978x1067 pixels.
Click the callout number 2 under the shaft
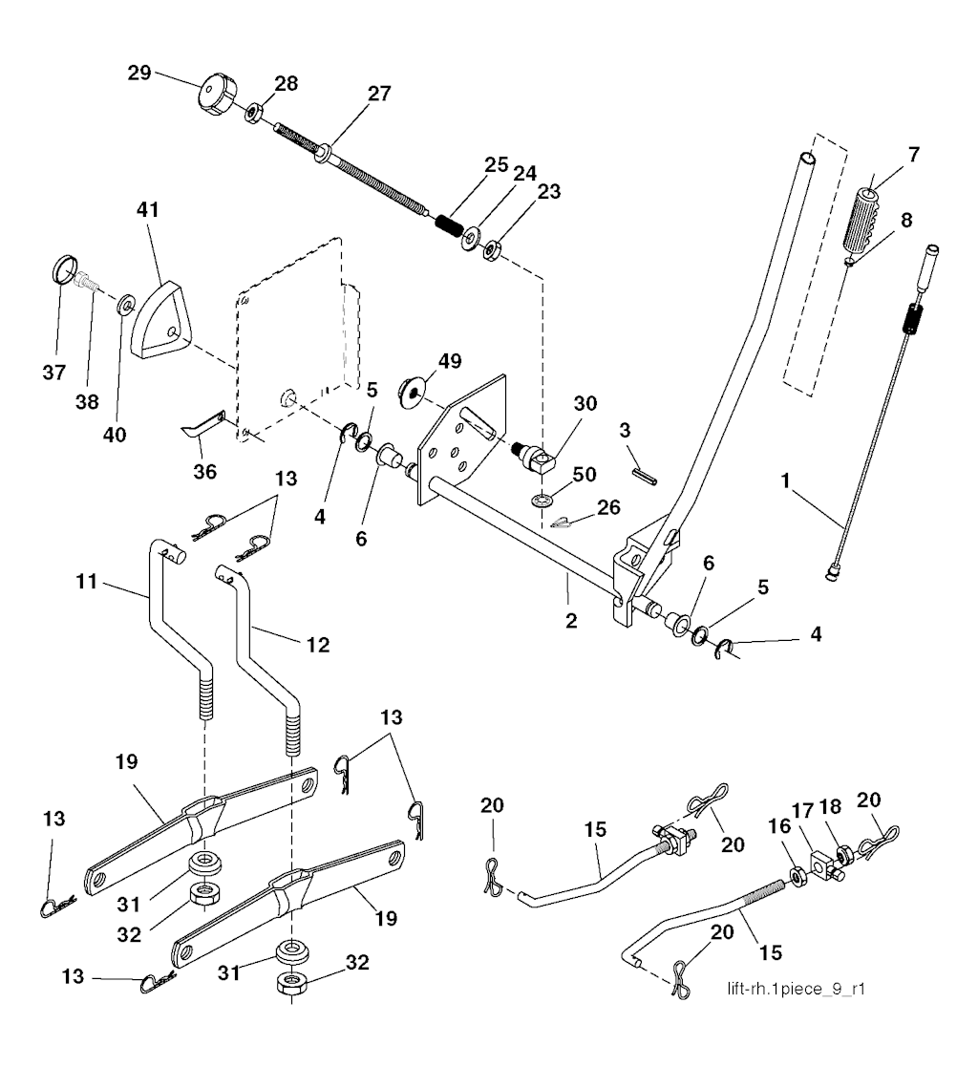click(570, 620)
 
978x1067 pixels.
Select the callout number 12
click(318, 645)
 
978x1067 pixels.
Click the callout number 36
click(205, 471)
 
